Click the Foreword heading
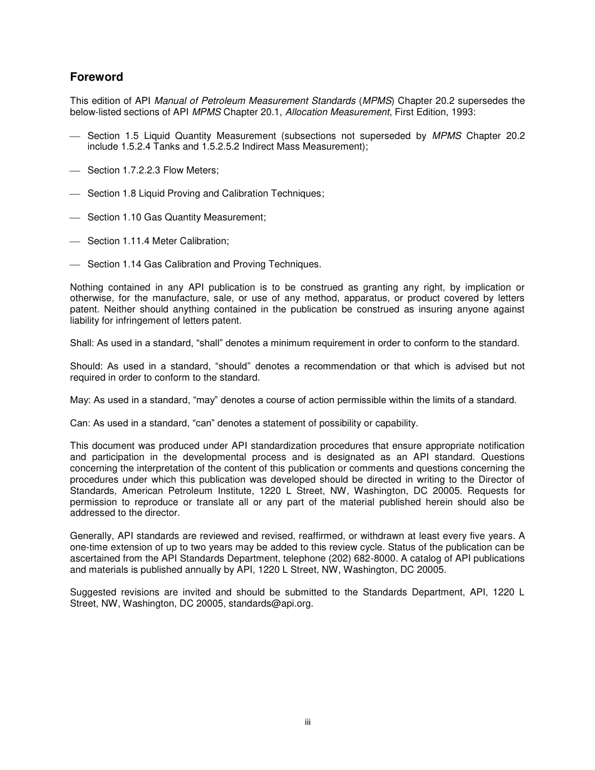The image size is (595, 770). (96, 77)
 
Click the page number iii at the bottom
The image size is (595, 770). (308, 722)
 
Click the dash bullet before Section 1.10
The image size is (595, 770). (75, 217)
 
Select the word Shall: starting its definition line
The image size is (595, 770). (82, 343)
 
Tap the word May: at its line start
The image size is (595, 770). (80, 400)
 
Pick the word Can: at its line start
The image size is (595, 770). (80, 423)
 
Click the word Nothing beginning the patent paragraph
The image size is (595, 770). (86, 287)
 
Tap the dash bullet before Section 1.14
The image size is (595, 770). (75, 264)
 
